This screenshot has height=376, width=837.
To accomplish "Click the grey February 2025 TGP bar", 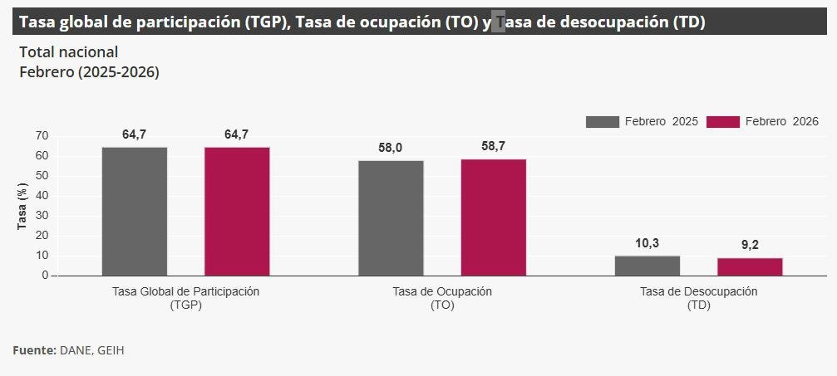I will pyautogui.click(x=135, y=211).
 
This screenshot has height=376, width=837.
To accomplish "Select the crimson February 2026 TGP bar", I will pyautogui.click(x=237, y=211).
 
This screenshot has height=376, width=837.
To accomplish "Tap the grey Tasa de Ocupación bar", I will pyautogui.click(x=391, y=217).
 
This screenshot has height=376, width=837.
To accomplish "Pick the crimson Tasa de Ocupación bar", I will pyautogui.click(x=494, y=217).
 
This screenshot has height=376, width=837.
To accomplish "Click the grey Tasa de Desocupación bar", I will pyautogui.click(x=647, y=266).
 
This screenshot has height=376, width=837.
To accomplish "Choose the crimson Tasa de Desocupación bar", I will pyautogui.click(x=750, y=266).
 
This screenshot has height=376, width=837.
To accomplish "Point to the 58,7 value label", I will pyautogui.click(x=493, y=146).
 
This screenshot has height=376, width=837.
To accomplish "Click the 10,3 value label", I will pyautogui.click(x=647, y=243).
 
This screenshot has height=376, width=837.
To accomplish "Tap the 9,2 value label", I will pyautogui.click(x=750, y=245).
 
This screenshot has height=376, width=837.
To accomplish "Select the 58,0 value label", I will pyautogui.click(x=390, y=148).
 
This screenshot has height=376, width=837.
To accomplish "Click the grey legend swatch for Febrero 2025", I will pyautogui.click(x=603, y=122).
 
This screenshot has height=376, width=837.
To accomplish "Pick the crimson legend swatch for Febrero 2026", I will pyautogui.click(x=722, y=122).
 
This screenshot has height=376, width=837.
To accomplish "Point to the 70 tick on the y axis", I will pyautogui.click(x=42, y=136).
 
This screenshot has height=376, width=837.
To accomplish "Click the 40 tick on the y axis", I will pyautogui.click(x=42, y=196).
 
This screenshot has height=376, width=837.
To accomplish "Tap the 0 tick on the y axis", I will pyautogui.click(x=45, y=276).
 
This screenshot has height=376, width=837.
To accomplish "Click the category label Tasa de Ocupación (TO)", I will pyautogui.click(x=442, y=298).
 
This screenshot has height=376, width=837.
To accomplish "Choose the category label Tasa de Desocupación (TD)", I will pyautogui.click(x=699, y=298).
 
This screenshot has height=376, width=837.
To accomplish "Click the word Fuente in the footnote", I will pyautogui.click(x=33, y=350).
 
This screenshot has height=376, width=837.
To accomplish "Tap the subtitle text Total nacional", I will pyautogui.click(x=68, y=52).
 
